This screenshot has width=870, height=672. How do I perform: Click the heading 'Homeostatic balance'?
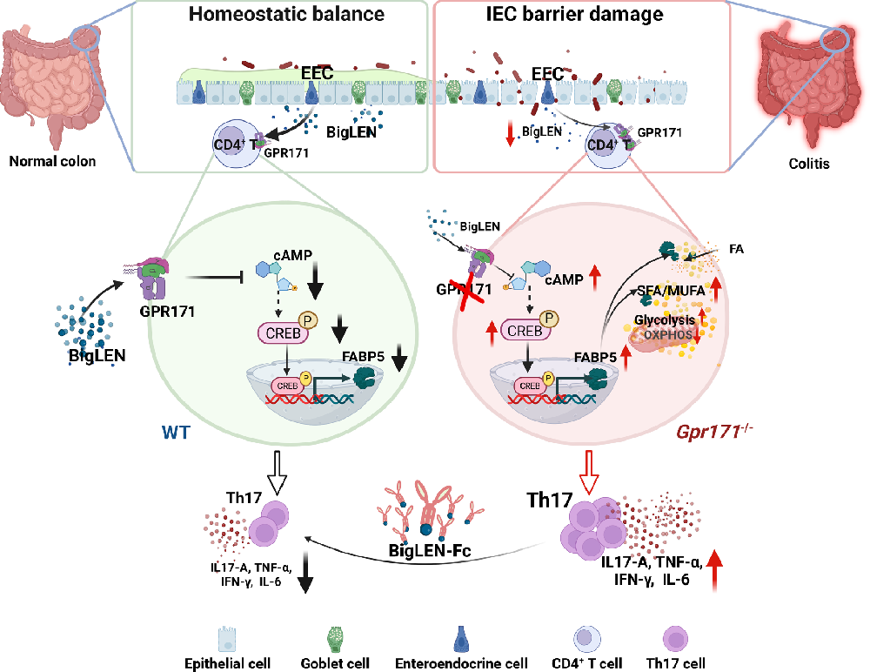coord(286,14)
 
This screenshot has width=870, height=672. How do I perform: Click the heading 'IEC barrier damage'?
coord(574,14)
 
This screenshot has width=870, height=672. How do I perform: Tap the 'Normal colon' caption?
coord(53,162)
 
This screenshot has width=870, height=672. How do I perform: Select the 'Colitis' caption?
coord(809,164)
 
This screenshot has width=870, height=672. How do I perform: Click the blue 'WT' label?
coord(176,432)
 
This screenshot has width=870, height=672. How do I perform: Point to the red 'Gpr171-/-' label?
coord(714,431)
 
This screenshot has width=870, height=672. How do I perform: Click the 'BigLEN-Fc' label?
coord(430,550)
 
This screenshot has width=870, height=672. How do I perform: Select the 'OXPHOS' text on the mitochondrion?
coord(668,335)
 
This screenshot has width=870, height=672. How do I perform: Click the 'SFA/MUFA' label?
coord(671,291)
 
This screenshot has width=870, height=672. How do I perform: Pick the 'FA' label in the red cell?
coord(736,249)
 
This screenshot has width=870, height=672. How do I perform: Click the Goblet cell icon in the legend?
coord(335,639)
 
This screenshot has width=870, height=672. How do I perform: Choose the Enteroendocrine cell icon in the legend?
coord(462,639)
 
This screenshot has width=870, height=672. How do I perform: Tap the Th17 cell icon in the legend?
coord(675,639)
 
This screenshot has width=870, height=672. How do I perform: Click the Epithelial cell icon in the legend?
coord(227,639)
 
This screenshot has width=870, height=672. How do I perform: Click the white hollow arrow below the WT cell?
coord(276,472)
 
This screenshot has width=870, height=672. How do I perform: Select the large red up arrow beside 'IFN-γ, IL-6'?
coord(715,570)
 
